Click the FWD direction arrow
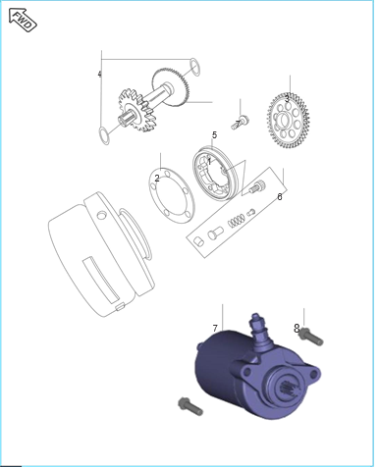click(x=23, y=20)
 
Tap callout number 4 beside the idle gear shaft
click(x=99, y=75)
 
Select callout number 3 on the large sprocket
click(x=287, y=98)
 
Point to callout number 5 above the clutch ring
click(x=214, y=134)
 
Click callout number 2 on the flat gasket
click(x=157, y=179)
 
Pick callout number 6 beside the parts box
click(x=280, y=197)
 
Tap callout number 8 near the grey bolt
click(x=297, y=328)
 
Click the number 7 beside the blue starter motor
click(x=215, y=328)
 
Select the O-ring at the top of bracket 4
click(x=194, y=67)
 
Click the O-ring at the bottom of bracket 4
click(x=104, y=136)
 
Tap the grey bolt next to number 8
click(x=311, y=337)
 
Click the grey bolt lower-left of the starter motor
click(x=190, y=406)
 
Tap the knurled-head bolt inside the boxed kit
click(x=257, y=187)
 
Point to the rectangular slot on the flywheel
click(x=101, y=280)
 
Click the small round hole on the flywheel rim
click(x=102, y=216)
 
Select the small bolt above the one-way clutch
click(x=241, y=122)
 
